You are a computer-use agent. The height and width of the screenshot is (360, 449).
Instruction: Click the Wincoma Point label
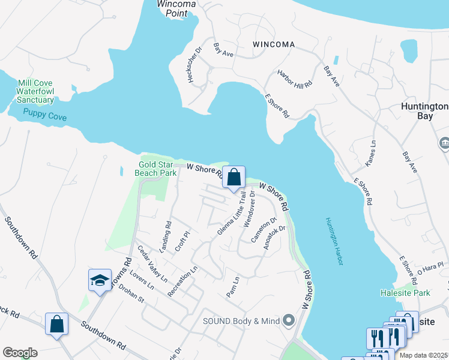176,8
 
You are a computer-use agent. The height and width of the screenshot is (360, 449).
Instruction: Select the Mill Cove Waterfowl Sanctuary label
35,91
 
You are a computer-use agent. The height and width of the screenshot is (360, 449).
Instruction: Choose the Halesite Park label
405,293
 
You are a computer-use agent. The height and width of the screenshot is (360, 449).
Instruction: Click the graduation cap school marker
100,280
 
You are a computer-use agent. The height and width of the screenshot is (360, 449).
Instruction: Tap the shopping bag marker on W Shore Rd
234,178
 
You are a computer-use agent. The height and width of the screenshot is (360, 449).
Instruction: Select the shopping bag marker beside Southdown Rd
56,325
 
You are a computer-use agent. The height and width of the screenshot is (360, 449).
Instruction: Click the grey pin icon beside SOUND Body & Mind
289,321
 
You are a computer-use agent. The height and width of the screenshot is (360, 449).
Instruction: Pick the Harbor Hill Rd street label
295,79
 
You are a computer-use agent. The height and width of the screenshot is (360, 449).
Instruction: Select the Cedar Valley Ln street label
152,264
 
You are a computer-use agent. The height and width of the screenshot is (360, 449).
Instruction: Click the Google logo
19,353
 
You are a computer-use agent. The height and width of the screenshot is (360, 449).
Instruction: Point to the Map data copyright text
424,355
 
